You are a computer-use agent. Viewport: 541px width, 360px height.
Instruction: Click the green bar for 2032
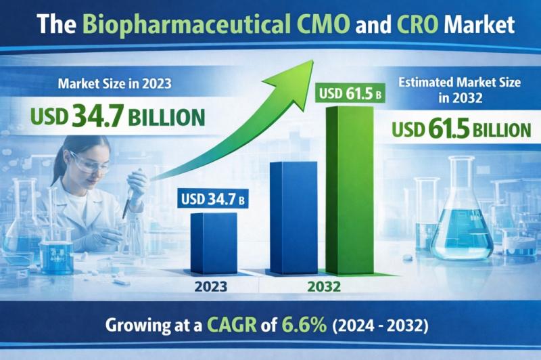pyautogui.click(x=350, y=189)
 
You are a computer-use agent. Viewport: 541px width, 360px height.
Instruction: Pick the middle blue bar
pyautogui.click(x=289, y=217)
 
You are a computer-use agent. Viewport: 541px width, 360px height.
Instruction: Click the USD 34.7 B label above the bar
pyautogui.click(x=211, y=200)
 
